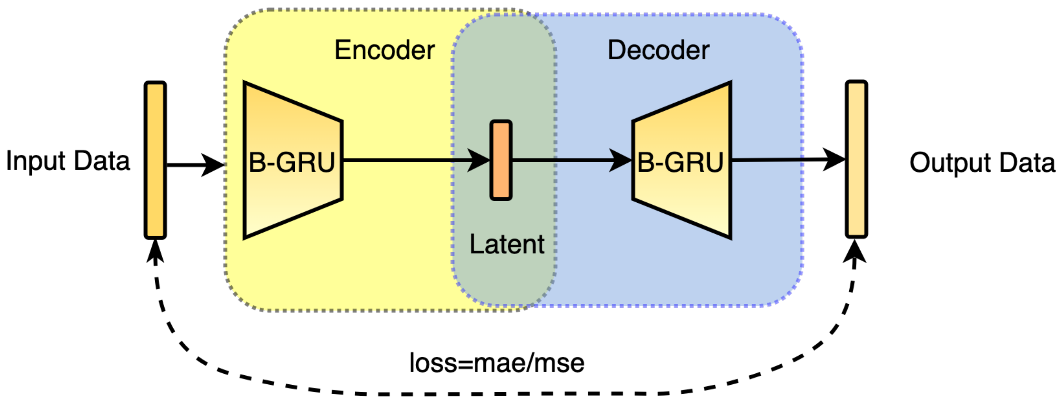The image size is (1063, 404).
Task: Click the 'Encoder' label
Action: pyautogui.click(x=384, y=50)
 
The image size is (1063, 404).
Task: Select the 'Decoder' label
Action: pyautogui.click(x=658, y=50)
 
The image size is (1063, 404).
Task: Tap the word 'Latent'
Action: pyautogui.click(x=507, y=244)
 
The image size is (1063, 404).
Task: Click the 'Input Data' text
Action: pyautogui.click(x=68, y=161)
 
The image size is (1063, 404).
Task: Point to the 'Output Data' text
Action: pyautogui.click(x=982, y=163)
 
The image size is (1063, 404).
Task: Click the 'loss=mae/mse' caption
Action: pyautogui.click(x=497, y=363)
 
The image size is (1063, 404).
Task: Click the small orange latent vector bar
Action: pyautogui.click(x=501, y=160)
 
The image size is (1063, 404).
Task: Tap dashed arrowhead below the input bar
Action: pyautogui.click(x=155, y=251)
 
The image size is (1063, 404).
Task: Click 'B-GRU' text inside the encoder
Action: pyautogui.click(x=291, y=163)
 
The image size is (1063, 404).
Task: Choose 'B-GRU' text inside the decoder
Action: pyautogui.click(x=681, y=163)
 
